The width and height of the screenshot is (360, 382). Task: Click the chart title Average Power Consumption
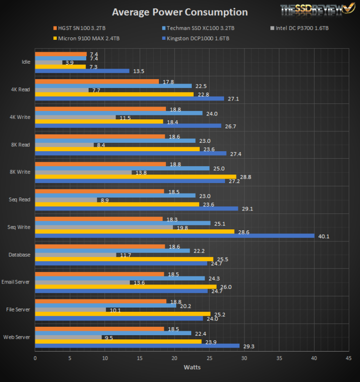coord(180,12)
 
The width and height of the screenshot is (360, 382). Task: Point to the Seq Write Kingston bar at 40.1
coord(174,236)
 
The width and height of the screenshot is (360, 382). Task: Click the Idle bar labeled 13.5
coord(82,71)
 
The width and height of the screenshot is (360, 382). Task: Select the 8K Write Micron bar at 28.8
coord(135,177)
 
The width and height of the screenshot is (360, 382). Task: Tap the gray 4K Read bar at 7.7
coord(62,90)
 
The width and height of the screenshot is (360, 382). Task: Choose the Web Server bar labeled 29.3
coord(137,346)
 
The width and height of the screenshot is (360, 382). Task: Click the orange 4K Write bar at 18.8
coord(100,109)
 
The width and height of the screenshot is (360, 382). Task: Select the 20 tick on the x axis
coord(174,358)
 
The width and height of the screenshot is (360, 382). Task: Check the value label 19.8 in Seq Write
coord(182,227)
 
